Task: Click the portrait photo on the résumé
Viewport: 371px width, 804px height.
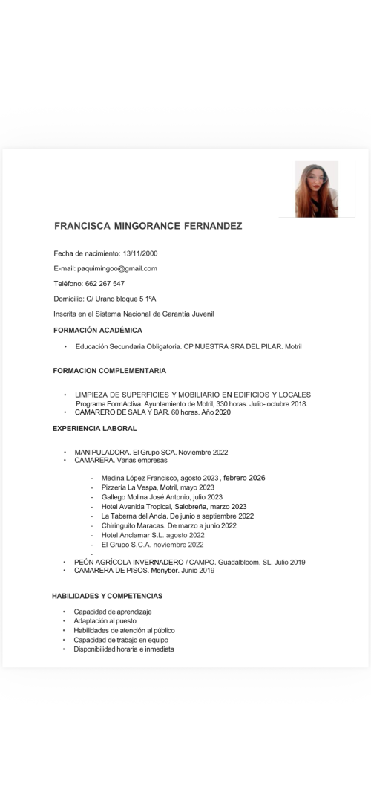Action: [317, 189]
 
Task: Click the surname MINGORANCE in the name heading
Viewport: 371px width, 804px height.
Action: [147, 226]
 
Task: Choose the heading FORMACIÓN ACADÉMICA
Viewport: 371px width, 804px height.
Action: [97, 330]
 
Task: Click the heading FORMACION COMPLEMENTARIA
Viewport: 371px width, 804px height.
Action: [109, 370]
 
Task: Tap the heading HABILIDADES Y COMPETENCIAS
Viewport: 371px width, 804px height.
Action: [107, 596]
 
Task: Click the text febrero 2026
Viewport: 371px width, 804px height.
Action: [243, 478]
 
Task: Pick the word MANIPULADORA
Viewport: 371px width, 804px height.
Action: [102, 452]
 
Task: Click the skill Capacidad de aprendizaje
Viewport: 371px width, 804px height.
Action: [112, 612]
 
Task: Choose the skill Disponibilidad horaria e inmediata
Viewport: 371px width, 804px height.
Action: [124, 649]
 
